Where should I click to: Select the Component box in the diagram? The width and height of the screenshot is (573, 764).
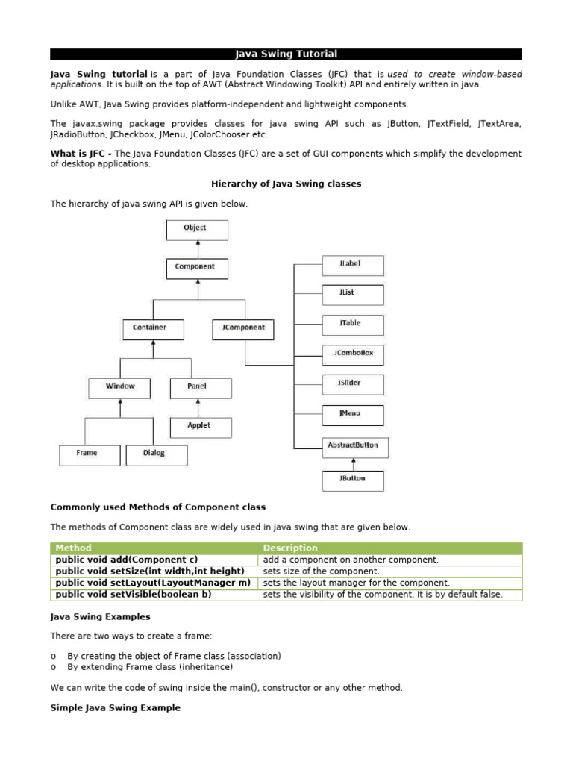click(x=195, y=267)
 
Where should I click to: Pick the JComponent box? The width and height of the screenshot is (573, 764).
click(x=243, y=328)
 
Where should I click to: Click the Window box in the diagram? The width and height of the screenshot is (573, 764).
click(x=120, y=387)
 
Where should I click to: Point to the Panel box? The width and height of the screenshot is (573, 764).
click(x=199, y=387)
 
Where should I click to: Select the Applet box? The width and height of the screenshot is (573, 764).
click(x=199, y=426)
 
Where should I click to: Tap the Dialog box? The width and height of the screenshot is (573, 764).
click(x=156, y=454)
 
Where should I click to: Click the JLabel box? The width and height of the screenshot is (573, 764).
click(x=353, y=265)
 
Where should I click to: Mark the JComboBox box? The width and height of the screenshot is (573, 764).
click(x=353, y=354)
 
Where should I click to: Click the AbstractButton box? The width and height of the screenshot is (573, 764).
click(x=354, y=446)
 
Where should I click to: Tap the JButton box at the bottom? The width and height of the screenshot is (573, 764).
click(x=353, y=479)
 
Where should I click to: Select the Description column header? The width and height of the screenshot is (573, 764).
click(x=290, y=548)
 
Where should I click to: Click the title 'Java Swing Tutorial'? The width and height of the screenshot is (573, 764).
click(x=286, y=54)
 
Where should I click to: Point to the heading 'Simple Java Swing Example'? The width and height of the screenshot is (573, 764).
click(x=115, y=707)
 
